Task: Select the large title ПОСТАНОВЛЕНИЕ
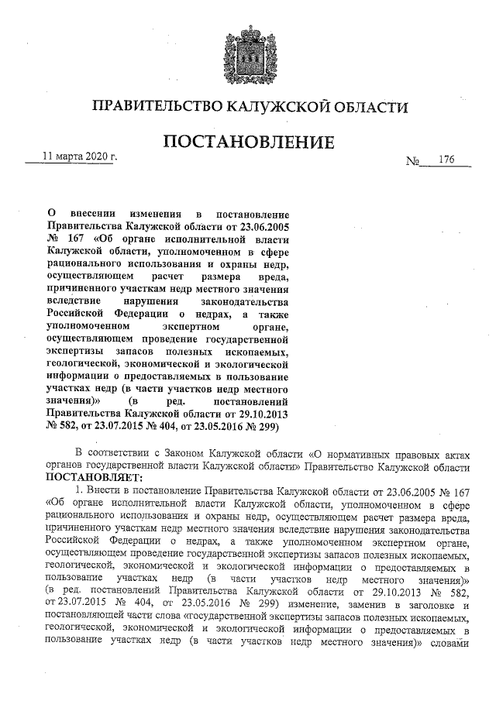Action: tap(247, 143)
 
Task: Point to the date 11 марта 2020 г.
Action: tap(79, 156)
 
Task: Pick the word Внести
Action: tap(104, 491)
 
